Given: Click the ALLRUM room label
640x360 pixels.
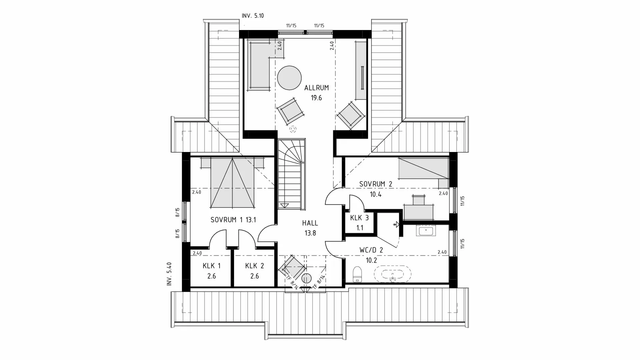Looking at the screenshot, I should coord(316,88).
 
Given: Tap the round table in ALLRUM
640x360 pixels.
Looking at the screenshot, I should coord(289,78).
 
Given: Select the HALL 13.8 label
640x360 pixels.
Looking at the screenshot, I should coord(310,228).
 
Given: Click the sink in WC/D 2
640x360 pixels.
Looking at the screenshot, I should coord(426,231).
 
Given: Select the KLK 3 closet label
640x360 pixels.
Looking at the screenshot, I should coord(359,218).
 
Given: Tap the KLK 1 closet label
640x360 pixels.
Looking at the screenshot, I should coord(211,266).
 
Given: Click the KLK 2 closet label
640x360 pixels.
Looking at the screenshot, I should coord(254,266).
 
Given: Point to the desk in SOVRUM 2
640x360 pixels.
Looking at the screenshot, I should coord(419,212).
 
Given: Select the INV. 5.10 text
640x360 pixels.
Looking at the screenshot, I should coord(253,16).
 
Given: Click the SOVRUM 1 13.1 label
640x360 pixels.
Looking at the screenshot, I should coord(233,220).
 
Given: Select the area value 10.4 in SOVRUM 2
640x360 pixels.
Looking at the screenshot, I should coord(375,194).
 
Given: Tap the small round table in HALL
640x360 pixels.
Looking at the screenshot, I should coord(306,278).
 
